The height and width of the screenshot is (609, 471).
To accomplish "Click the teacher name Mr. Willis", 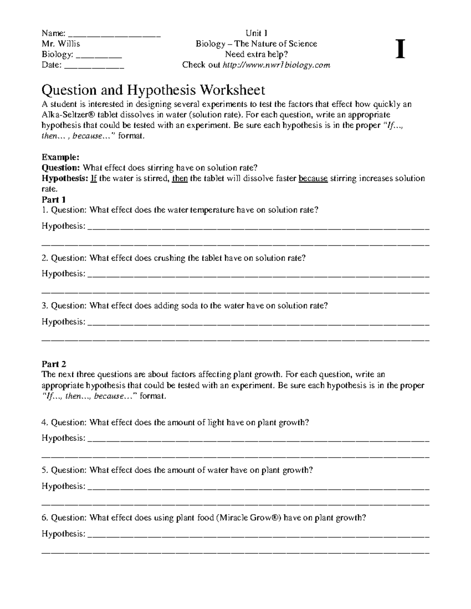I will coord(61,44).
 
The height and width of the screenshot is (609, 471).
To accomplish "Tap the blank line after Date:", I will coord(94,66).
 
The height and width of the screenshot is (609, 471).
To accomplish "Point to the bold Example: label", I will coord(60,157).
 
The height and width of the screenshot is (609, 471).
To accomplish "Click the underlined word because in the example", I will coord(313,178).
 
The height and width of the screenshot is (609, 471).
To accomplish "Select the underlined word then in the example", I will coord(180,178).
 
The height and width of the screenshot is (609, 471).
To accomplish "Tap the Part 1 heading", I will coord(54,199).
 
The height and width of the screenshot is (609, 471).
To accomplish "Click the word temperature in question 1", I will coord(212,210).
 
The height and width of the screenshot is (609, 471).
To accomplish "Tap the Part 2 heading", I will coord(54,364).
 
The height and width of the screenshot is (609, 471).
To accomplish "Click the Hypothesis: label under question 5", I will coord(63,486).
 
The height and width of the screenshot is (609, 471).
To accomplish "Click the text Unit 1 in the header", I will coord(256,33).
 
